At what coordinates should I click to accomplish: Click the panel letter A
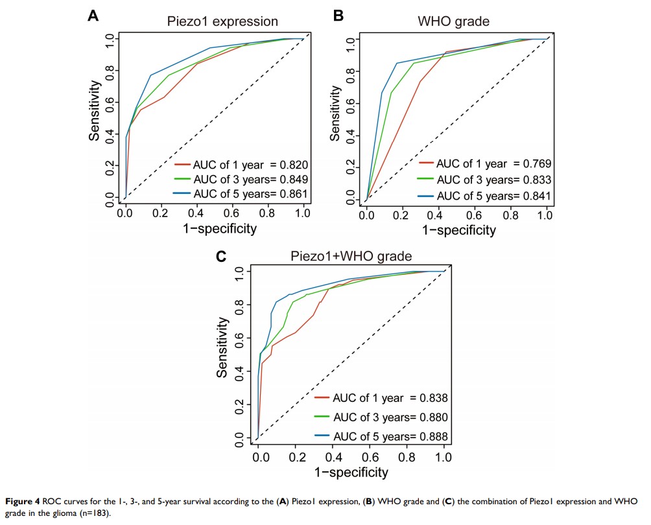point(93,17)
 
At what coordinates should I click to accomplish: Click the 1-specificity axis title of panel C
point(351,472)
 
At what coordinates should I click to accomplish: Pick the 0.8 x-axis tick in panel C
point(407,458)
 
